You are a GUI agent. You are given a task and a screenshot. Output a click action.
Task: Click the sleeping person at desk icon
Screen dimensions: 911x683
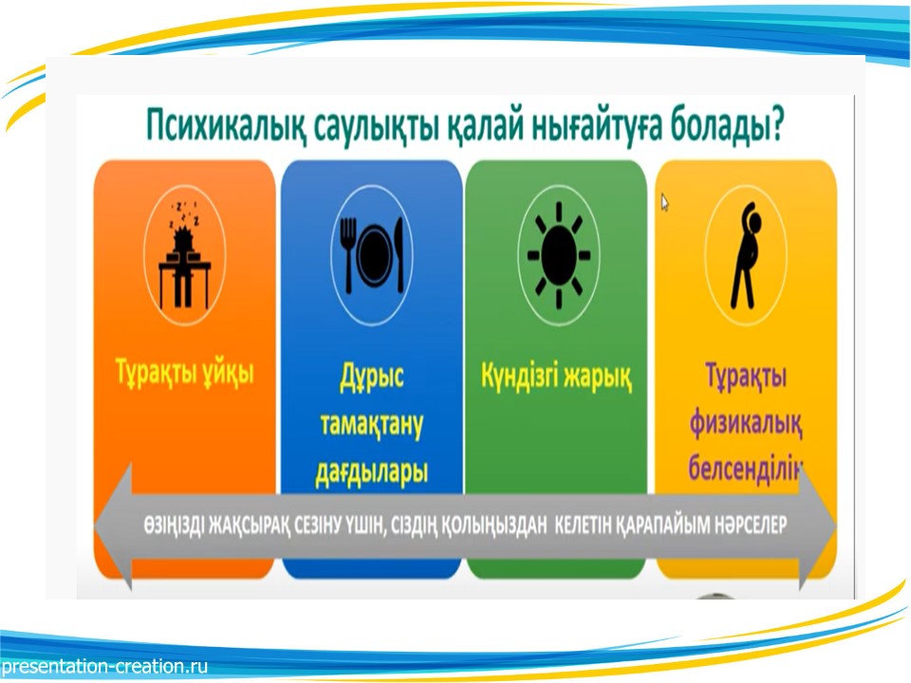click(x=184, y=254)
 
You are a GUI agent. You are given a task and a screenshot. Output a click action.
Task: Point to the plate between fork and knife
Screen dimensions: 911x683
click(x=376, y=254)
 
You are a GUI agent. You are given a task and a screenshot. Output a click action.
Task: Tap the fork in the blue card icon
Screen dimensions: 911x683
click(x=347, y=254)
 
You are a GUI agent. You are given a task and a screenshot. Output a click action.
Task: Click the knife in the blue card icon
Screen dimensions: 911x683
click(x=400, y=254)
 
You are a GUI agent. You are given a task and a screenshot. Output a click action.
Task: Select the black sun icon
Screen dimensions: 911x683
click(x=558, y=255)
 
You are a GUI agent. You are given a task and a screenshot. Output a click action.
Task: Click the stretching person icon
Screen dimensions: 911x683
click(x=746, y=255)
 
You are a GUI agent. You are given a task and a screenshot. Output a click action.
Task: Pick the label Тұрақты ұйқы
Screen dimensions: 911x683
click(x=185, y=371)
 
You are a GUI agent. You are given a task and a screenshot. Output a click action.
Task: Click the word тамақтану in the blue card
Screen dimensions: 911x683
click(x=372, y=424)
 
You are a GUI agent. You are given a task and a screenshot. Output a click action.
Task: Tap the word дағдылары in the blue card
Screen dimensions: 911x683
click(x=372, y=471)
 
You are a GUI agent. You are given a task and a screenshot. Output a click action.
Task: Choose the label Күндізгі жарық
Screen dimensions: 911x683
click(x=556, y=376)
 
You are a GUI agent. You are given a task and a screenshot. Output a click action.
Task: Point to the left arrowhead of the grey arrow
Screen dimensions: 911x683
click(x=113, y=526)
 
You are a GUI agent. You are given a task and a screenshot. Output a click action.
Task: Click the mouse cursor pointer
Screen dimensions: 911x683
click(x=664, y=203)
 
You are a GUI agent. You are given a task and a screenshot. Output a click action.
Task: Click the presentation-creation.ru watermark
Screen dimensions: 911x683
click(x=104, y=666)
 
